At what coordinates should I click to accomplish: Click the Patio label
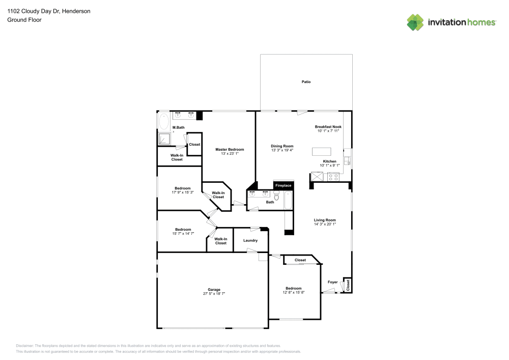click(x=306, y=82)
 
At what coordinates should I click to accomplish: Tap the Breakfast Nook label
click(x=328, y=127)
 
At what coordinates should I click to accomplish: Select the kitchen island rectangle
click(x=322, y=151)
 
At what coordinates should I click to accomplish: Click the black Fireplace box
click(x=284, y=186)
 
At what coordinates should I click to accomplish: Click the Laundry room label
click(x=250, y=240)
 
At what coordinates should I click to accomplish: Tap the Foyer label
click(x=332, y=282)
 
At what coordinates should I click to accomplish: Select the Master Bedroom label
click(x=230, y=150)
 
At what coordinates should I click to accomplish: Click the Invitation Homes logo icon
click(x=415, y=22)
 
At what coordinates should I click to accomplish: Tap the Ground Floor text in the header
click(x=24, y=20)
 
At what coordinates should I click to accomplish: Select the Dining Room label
click(x=282, y=146)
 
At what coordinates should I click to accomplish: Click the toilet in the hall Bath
click(x=276, y=194)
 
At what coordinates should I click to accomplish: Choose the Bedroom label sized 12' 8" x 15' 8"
click(x=294, y=288)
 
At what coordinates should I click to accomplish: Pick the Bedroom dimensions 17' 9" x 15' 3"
click(x=183, y=192)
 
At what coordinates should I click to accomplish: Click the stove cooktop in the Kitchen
click(x=334, y=177)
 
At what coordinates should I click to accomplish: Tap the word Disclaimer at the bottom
click(x=24, y=346)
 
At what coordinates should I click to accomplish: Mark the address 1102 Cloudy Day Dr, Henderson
click(x=49, y=11)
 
